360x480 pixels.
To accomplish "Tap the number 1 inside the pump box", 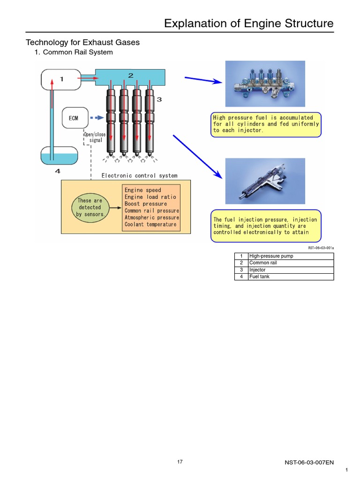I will click(61, 79).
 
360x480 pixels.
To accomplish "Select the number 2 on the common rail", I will click(131, 75).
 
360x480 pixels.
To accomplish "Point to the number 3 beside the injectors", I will click(159, 99).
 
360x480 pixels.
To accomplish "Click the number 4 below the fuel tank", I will click(58, 171).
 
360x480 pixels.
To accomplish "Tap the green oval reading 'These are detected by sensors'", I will click(90, 207).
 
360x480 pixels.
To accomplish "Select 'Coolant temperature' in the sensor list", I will click(150, 225).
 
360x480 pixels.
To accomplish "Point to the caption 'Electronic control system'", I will click(140, 176).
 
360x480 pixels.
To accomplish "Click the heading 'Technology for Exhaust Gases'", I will click(82, 43).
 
